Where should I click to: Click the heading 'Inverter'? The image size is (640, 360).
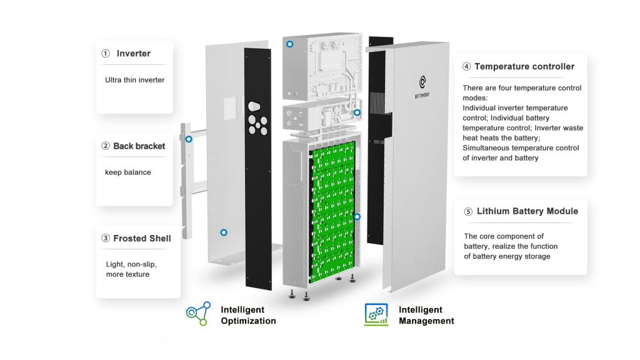coord(133,54)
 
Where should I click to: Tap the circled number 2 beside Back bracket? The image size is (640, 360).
coord(106,146)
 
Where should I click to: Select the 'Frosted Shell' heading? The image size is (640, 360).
coord(142,238)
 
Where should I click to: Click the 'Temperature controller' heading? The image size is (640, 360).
coord(524,66)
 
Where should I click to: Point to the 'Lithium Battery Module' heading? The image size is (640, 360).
coord(527,211)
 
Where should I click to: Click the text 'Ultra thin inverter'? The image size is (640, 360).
coord(134,80)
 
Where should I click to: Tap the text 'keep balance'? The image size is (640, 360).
coord(127,172)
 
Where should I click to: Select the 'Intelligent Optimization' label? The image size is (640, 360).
coord(247,315)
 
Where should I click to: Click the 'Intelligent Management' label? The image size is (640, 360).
coord(426,315)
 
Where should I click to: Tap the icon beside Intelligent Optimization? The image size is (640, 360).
coord(197,314)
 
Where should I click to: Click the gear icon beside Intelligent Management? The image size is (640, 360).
coord(376,314)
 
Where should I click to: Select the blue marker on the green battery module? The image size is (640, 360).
coord(357,217)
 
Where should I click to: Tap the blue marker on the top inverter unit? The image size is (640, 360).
coord(289,44)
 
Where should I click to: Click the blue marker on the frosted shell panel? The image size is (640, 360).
coord(224,232)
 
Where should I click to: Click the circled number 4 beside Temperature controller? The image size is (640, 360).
coord(466,66)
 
